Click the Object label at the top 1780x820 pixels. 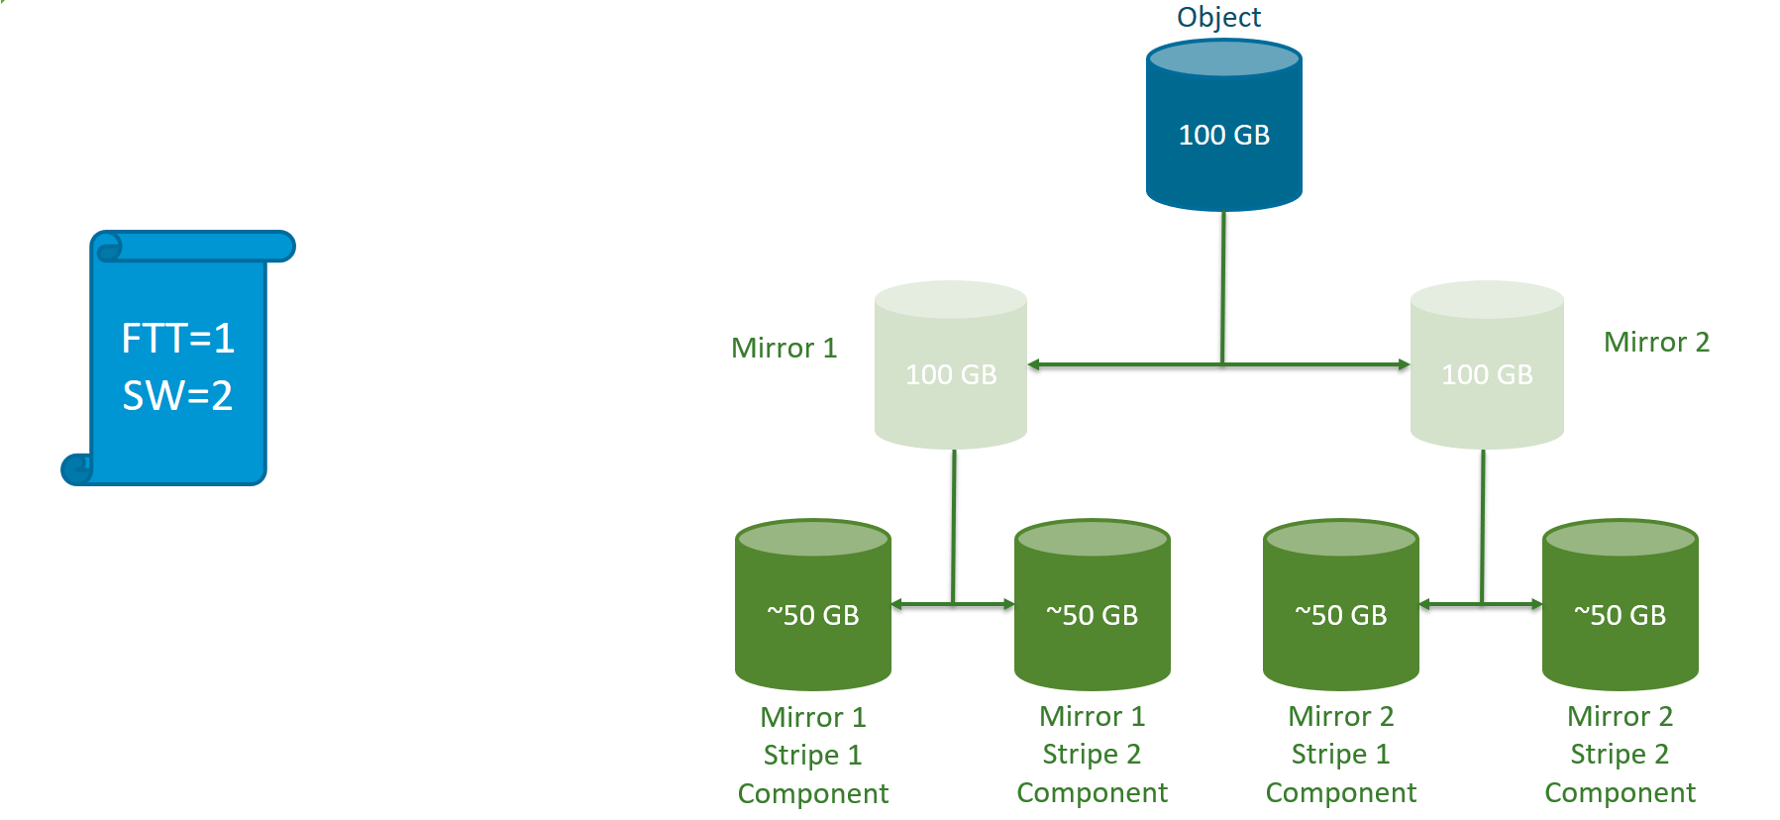(1218, 17)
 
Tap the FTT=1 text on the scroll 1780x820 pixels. (177, 339)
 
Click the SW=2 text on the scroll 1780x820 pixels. (177, 396)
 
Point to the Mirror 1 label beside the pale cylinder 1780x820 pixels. (784, 349)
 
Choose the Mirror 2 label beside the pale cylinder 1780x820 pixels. (1656, 343)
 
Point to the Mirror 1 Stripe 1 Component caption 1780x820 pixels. (812, 756)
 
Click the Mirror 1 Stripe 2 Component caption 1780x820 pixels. (1092, 755)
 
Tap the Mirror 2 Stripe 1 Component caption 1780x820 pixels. (1340, 755)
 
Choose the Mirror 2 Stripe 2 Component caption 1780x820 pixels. (1620, 755)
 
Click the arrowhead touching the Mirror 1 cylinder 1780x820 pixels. (1034, 364)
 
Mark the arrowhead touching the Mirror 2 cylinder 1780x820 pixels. (1404, 364)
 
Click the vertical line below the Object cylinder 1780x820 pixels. (1223, 287)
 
